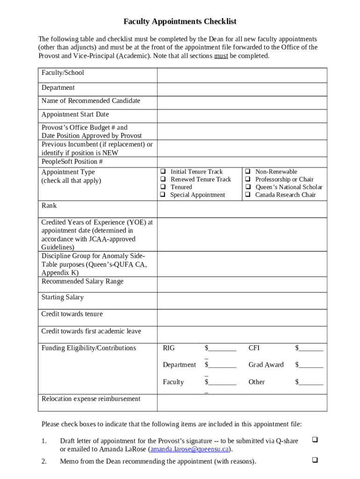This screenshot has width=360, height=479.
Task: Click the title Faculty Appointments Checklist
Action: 180,22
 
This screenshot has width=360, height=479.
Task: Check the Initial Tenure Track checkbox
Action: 163,172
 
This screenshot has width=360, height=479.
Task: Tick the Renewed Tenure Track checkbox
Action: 163,179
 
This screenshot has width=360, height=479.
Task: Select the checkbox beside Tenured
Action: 163,187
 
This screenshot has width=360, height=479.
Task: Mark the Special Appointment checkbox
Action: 163,195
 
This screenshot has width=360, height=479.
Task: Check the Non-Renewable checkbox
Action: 248,172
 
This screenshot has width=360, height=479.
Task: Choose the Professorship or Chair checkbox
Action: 248,179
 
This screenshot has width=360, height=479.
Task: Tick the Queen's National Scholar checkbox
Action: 248,187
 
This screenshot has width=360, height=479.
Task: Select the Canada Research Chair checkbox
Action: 248,195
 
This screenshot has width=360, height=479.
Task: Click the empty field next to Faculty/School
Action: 242,75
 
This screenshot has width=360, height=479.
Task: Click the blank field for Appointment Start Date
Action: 242,116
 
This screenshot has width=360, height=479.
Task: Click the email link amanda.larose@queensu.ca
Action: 189,450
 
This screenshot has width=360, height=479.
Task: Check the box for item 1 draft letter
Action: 315,440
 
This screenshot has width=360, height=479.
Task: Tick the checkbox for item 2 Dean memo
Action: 315,460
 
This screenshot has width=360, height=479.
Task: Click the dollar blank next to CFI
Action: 309,348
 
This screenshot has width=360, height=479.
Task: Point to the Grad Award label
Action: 266,365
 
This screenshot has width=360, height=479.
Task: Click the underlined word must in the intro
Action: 221,56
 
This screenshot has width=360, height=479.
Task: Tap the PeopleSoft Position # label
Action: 72,162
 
